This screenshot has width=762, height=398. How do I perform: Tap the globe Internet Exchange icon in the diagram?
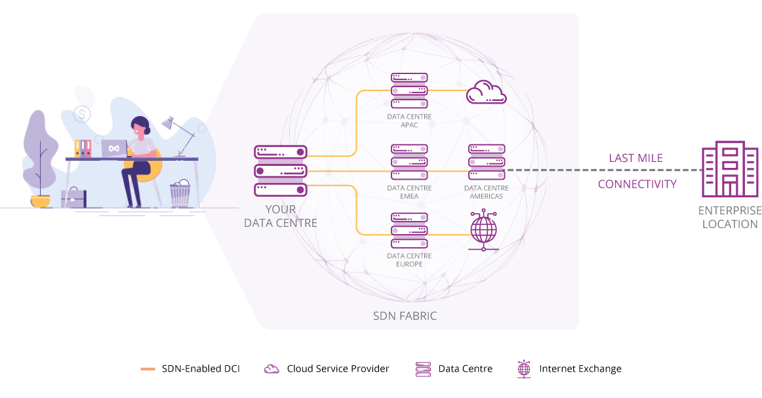[x=484, y=230]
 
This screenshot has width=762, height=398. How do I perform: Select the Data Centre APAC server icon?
[x=409, y=90]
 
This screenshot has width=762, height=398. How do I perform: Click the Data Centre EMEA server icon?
[x=409, y=161]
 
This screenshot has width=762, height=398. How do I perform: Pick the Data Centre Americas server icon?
[x=487, y=161]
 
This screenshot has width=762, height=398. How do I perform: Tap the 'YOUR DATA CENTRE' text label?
[x=281, y=216]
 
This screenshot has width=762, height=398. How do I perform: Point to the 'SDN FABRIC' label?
[x=405, y=316]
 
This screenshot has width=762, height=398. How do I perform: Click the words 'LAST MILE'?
[x=635, y=158]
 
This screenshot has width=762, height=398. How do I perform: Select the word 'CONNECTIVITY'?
[x=637, y=184]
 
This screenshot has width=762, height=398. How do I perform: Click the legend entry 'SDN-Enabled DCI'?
[x=201, y=368]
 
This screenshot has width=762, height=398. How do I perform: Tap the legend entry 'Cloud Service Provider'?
[x=338, y=368]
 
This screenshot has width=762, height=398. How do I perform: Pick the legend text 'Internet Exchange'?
[x=580, y=368]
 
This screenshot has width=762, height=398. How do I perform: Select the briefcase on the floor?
[x=73, y=197]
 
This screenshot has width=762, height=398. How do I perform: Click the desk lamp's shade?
[x=167, y=122]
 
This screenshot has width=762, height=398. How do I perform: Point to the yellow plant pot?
[x=40, y=201]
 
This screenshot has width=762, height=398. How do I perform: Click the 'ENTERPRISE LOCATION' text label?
[x=730, y=217]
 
